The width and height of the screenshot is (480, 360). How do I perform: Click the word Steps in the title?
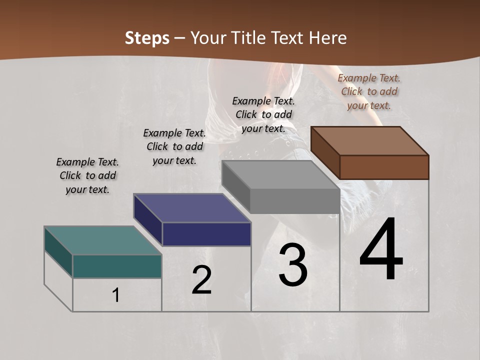pyautogui.click(x=147, y=38)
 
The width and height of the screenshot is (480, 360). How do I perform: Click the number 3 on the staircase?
pyautogui.click(x=293, y=265)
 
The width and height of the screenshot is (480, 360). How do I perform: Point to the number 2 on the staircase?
pyautogui.click(x=201, y=280)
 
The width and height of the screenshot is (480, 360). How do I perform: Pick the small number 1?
pyautogui.click(x=116, y=295)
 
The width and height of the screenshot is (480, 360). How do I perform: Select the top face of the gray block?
pyautogui.click(x=280, y=175)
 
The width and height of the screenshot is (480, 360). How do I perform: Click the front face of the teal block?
pyautogui.click(x=117, y=266)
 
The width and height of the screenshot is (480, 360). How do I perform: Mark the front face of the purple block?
pyautogui.click(x=206, y=234)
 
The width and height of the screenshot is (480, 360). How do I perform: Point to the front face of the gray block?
pyautogui.click(x=295, y=201)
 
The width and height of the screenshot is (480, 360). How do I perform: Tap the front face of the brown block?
pyautogui.click(x=384, y=167)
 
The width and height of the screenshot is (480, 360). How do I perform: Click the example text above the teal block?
pyautogui.click(x=87, y=175)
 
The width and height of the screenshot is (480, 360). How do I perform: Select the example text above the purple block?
pyautogui.click(x=174, y=146)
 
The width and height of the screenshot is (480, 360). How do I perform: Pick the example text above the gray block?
pyautogui.click(x=263, y=114)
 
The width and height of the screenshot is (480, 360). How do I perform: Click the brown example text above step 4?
pyautogui.click(x=369, y=91)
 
